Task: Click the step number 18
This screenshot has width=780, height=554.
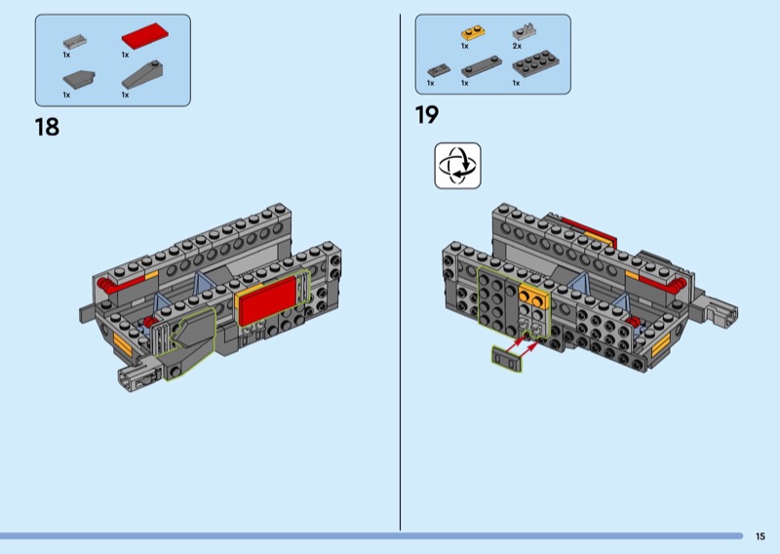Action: coord(47,127)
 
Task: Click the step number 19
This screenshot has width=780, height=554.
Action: coord(427,114)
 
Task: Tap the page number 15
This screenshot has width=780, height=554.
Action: coord(760,536)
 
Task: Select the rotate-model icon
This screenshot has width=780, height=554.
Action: coord(457,166)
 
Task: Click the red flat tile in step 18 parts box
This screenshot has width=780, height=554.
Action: coord(144,36)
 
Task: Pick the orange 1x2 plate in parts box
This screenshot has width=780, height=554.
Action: coord(473,33)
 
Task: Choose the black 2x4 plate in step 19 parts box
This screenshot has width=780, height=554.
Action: coord(535,63)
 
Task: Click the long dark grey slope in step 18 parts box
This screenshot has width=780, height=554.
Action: coord(142,75)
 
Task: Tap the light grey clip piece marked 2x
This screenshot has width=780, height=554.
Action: coord(524,32)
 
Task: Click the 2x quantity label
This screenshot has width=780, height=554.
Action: coord(517,46)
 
